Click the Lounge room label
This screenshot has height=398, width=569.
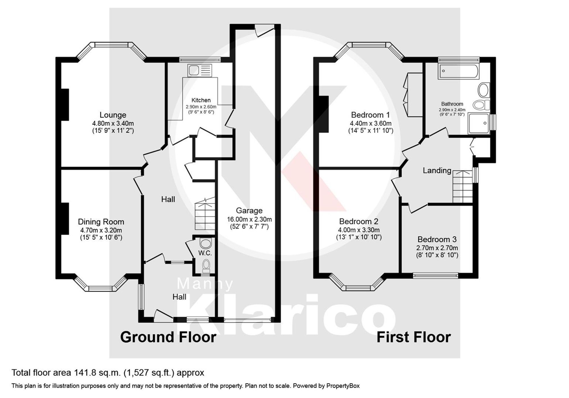pos(113,115)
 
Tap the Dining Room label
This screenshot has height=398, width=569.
pos(101,222)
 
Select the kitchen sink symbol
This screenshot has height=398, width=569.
pos(200,70)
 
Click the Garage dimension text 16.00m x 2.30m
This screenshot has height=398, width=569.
pos(249,219)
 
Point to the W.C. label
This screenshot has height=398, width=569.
pos(205,253)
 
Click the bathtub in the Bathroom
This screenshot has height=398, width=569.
pos(459,71)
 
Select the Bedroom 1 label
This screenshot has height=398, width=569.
pos(370,115)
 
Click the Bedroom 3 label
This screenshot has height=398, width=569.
pos(437,239)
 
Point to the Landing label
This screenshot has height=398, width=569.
pos(437,170)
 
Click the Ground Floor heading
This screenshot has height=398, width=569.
pos(168,337)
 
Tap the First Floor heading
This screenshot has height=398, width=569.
pos(413,337)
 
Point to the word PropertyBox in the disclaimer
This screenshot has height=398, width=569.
pos(343,386)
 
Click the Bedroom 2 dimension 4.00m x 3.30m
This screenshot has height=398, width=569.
pos(358,230)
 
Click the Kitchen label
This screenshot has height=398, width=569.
pos(201,100)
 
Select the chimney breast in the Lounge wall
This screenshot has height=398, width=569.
pos(65,105)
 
